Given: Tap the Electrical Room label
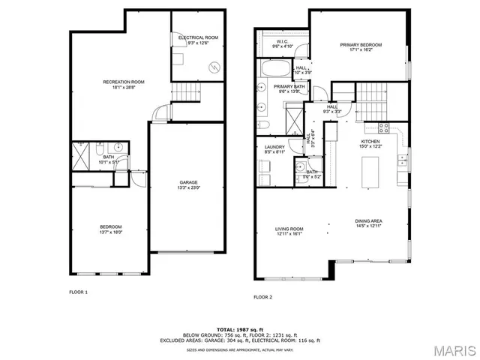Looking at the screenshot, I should (x=198, y=39).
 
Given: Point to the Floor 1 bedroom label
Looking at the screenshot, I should (x=111, y=229).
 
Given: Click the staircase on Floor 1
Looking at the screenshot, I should (x=187, y=93).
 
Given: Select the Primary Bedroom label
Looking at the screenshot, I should (x=361, y=47).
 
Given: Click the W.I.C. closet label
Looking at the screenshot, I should (x=282, y=44).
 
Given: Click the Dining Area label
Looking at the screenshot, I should (x=369, y=223).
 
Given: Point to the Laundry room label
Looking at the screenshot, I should (x=272, y=148).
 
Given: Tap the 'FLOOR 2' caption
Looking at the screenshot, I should (x=262, y=298).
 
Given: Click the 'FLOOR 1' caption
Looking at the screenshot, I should (x=79, y=291).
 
